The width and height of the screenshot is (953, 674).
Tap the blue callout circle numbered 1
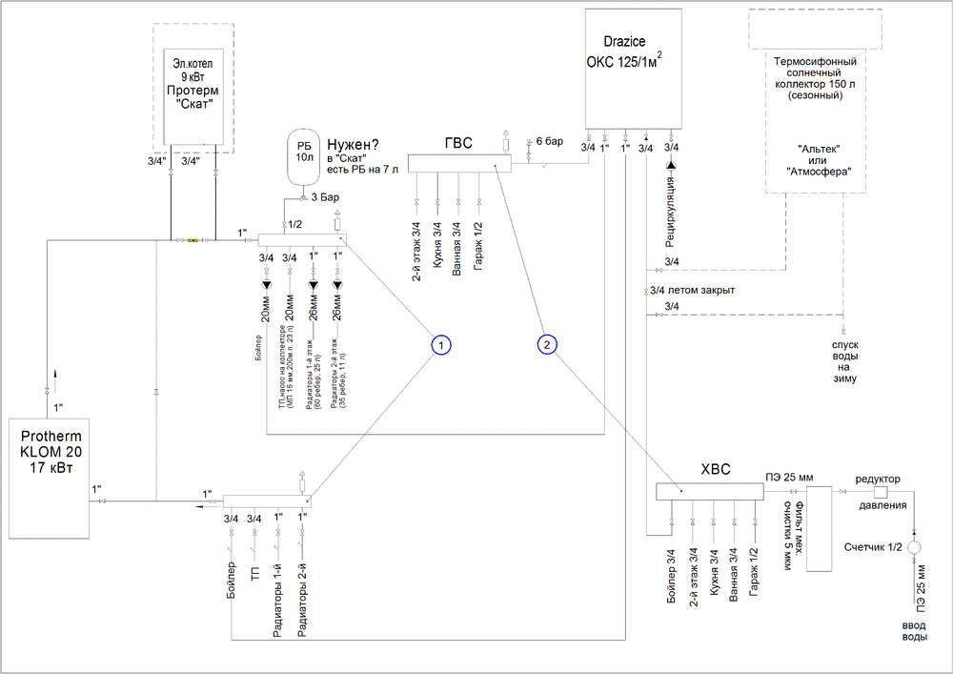pos(439,343)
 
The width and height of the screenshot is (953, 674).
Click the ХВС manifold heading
pos(716,470)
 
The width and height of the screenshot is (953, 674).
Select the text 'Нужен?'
pos(355,139)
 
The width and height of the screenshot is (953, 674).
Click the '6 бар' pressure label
pos(550,142)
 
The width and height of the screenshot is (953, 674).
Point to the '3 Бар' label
pos(326,198)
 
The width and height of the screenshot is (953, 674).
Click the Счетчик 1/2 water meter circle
pos(914,548)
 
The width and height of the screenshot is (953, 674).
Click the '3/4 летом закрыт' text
pos(692,291)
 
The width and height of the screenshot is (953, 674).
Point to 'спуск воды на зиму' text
pos(842,357)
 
